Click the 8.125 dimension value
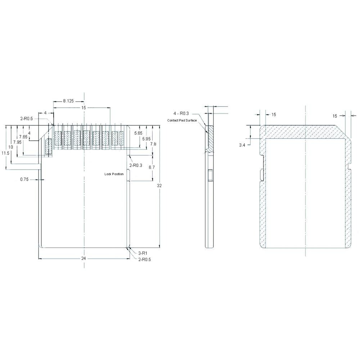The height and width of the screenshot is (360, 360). (68, 102)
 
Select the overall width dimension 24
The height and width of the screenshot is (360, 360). (84, 258)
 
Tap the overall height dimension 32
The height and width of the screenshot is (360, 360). (159, 186)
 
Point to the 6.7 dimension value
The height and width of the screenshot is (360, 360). (152, 168)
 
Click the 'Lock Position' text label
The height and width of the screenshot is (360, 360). (114, 174)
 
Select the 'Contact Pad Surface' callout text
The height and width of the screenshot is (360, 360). (182, 120)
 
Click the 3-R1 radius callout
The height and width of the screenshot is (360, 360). (142, 253)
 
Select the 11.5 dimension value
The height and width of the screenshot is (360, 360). (5, 153)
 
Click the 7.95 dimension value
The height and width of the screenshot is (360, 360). (17, 142)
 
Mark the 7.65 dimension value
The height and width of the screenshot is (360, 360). (23, 137)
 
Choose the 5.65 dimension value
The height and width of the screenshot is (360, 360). (138, 134)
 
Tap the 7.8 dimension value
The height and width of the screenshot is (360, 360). (153, 144)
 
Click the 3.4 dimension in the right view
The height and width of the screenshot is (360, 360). (242, 145)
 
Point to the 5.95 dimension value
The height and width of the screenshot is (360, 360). (146, 139)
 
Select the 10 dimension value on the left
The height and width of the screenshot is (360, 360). (11, 147)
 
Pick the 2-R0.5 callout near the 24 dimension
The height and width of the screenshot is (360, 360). (144, 259)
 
